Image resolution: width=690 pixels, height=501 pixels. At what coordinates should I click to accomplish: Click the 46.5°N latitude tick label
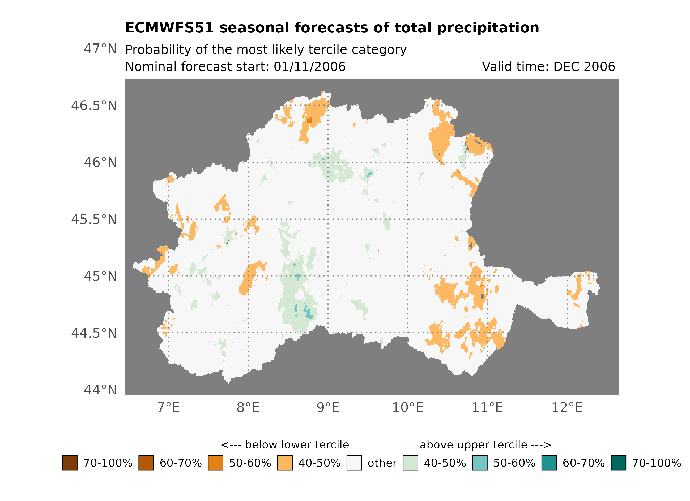point(94,106)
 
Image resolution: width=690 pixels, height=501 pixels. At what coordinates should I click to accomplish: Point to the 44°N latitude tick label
point(100,390)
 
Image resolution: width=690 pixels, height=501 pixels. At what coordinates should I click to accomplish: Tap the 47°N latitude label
point(100,49)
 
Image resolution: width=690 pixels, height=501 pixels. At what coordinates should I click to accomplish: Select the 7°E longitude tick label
point(169,407)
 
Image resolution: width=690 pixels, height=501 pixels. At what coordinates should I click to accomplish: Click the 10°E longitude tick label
point(407,407)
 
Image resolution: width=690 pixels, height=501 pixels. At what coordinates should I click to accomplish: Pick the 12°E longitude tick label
point(567,407)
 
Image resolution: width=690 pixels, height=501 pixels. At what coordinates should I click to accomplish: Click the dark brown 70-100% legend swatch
point(70,463)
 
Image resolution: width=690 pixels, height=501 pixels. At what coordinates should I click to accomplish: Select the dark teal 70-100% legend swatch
point(618,463)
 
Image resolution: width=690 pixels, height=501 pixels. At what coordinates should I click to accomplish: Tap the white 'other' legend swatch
point(354,463)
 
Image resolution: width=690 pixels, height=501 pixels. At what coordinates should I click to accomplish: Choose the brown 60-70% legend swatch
point(146,463)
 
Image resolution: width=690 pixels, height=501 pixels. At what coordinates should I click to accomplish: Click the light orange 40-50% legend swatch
point(285,463)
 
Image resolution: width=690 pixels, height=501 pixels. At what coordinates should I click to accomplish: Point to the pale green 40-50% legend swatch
point(410,463)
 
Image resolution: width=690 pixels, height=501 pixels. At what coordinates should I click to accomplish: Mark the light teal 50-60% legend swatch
point(479,463)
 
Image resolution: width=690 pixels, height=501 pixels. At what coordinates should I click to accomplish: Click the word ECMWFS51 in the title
point(169,28)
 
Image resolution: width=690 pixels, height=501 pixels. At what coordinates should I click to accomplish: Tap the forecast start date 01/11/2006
point(309,67)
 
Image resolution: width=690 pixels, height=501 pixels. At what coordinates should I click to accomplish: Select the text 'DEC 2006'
point(584,67)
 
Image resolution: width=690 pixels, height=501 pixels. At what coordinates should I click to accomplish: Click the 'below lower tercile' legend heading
point(285,445)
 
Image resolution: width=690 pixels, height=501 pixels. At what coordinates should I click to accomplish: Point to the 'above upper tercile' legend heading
point(485,445)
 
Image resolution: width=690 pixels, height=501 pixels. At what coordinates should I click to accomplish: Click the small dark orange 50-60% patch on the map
point(309,120)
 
